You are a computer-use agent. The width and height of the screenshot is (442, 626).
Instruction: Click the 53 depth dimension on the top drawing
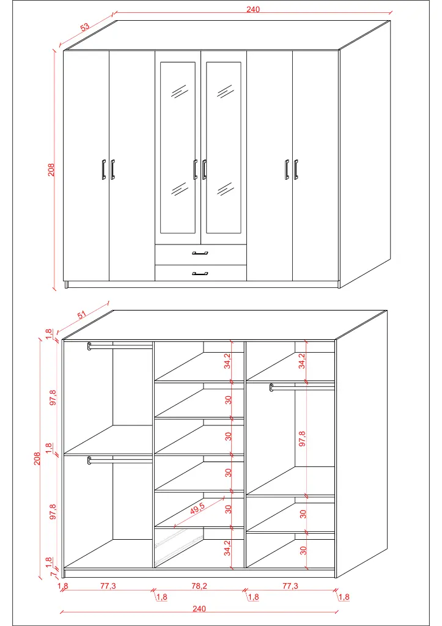click(x=84, y=27)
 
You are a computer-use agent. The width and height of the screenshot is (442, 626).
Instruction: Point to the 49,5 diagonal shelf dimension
click(x=197, y=509)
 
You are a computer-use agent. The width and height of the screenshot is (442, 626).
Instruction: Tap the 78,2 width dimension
click(x=199, y=586)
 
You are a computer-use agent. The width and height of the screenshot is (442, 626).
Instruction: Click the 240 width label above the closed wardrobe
click(x=253, y=9)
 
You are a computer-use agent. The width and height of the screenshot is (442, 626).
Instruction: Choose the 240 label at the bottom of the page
click(x=199, y=608)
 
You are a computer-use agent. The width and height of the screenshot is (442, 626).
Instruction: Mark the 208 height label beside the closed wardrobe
click(x=52, y=169)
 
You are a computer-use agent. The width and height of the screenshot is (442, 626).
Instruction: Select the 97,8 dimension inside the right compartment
click(x=302, y=439)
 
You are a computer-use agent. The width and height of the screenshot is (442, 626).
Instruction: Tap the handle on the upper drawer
click(x=200, y=252)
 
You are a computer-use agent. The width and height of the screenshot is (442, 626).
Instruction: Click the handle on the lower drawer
click(x=200, y=273)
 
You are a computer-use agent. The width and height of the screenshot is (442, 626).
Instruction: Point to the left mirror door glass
click(x=178, y=147)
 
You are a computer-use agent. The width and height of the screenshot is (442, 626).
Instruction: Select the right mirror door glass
click(x=223, y=147)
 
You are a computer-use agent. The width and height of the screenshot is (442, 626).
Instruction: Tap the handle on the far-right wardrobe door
click(x=296, y=169)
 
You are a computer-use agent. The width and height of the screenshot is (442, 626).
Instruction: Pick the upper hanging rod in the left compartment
click(x=120, y=346)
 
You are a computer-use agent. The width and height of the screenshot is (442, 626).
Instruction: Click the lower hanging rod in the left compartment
click(x=120, y=460)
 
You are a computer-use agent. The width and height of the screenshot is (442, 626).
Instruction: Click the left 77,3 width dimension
click(x=108, y=586)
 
